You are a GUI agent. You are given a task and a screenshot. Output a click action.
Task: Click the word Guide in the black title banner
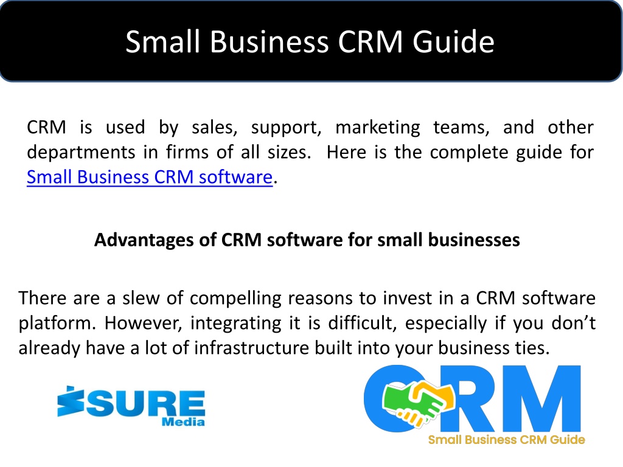[453, 41]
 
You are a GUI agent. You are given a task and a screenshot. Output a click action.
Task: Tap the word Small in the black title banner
[162, 41]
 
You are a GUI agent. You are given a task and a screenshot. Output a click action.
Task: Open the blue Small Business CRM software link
[150, 177]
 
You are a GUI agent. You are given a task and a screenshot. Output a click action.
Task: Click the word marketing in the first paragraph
[377, 128]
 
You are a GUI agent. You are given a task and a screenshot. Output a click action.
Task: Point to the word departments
[81, 153]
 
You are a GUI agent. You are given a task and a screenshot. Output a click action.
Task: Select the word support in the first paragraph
[286, 128]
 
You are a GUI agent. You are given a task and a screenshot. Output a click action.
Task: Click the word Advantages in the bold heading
[144, 240]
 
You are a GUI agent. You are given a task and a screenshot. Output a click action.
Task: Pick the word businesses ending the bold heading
[474, 240]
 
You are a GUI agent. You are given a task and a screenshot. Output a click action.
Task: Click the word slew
[141, 298]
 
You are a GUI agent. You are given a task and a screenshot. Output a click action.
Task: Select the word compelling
[235, 299]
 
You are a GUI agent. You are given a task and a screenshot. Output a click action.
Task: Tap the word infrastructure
[251, 348]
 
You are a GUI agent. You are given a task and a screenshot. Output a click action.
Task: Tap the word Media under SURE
[183, 422]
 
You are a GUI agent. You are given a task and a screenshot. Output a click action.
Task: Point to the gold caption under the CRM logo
[507, 440]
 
